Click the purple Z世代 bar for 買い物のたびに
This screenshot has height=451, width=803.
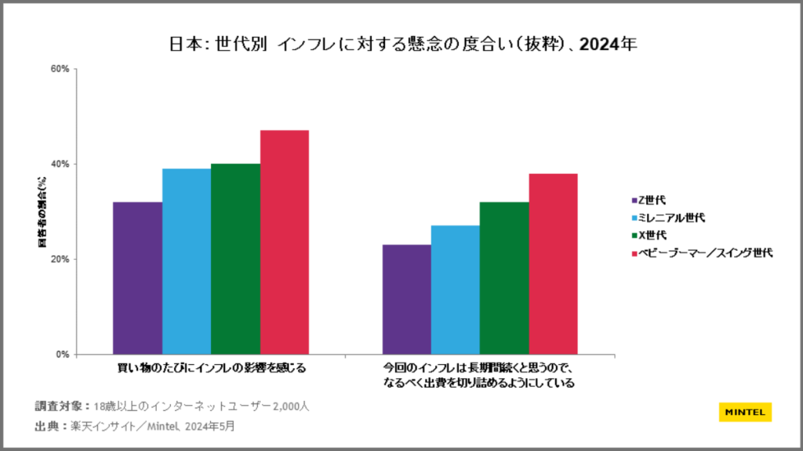[137, 278]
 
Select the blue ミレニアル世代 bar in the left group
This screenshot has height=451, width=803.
[187, 261]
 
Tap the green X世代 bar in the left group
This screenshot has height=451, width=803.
[235, 258]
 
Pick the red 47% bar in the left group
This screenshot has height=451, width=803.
[284, 242]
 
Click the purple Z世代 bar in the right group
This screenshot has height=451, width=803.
[406, 299]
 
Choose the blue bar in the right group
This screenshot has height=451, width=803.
[455, 290]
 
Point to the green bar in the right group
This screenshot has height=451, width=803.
[504, 278]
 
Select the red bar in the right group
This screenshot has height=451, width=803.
[553, 264]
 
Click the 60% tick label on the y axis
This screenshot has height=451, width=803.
[60, 69]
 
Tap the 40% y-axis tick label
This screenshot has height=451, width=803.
[60, 164]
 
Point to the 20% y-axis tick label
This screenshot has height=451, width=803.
[60, 259]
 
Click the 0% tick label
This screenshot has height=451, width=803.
[63, 355]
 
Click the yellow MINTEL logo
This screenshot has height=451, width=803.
[745, 411]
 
